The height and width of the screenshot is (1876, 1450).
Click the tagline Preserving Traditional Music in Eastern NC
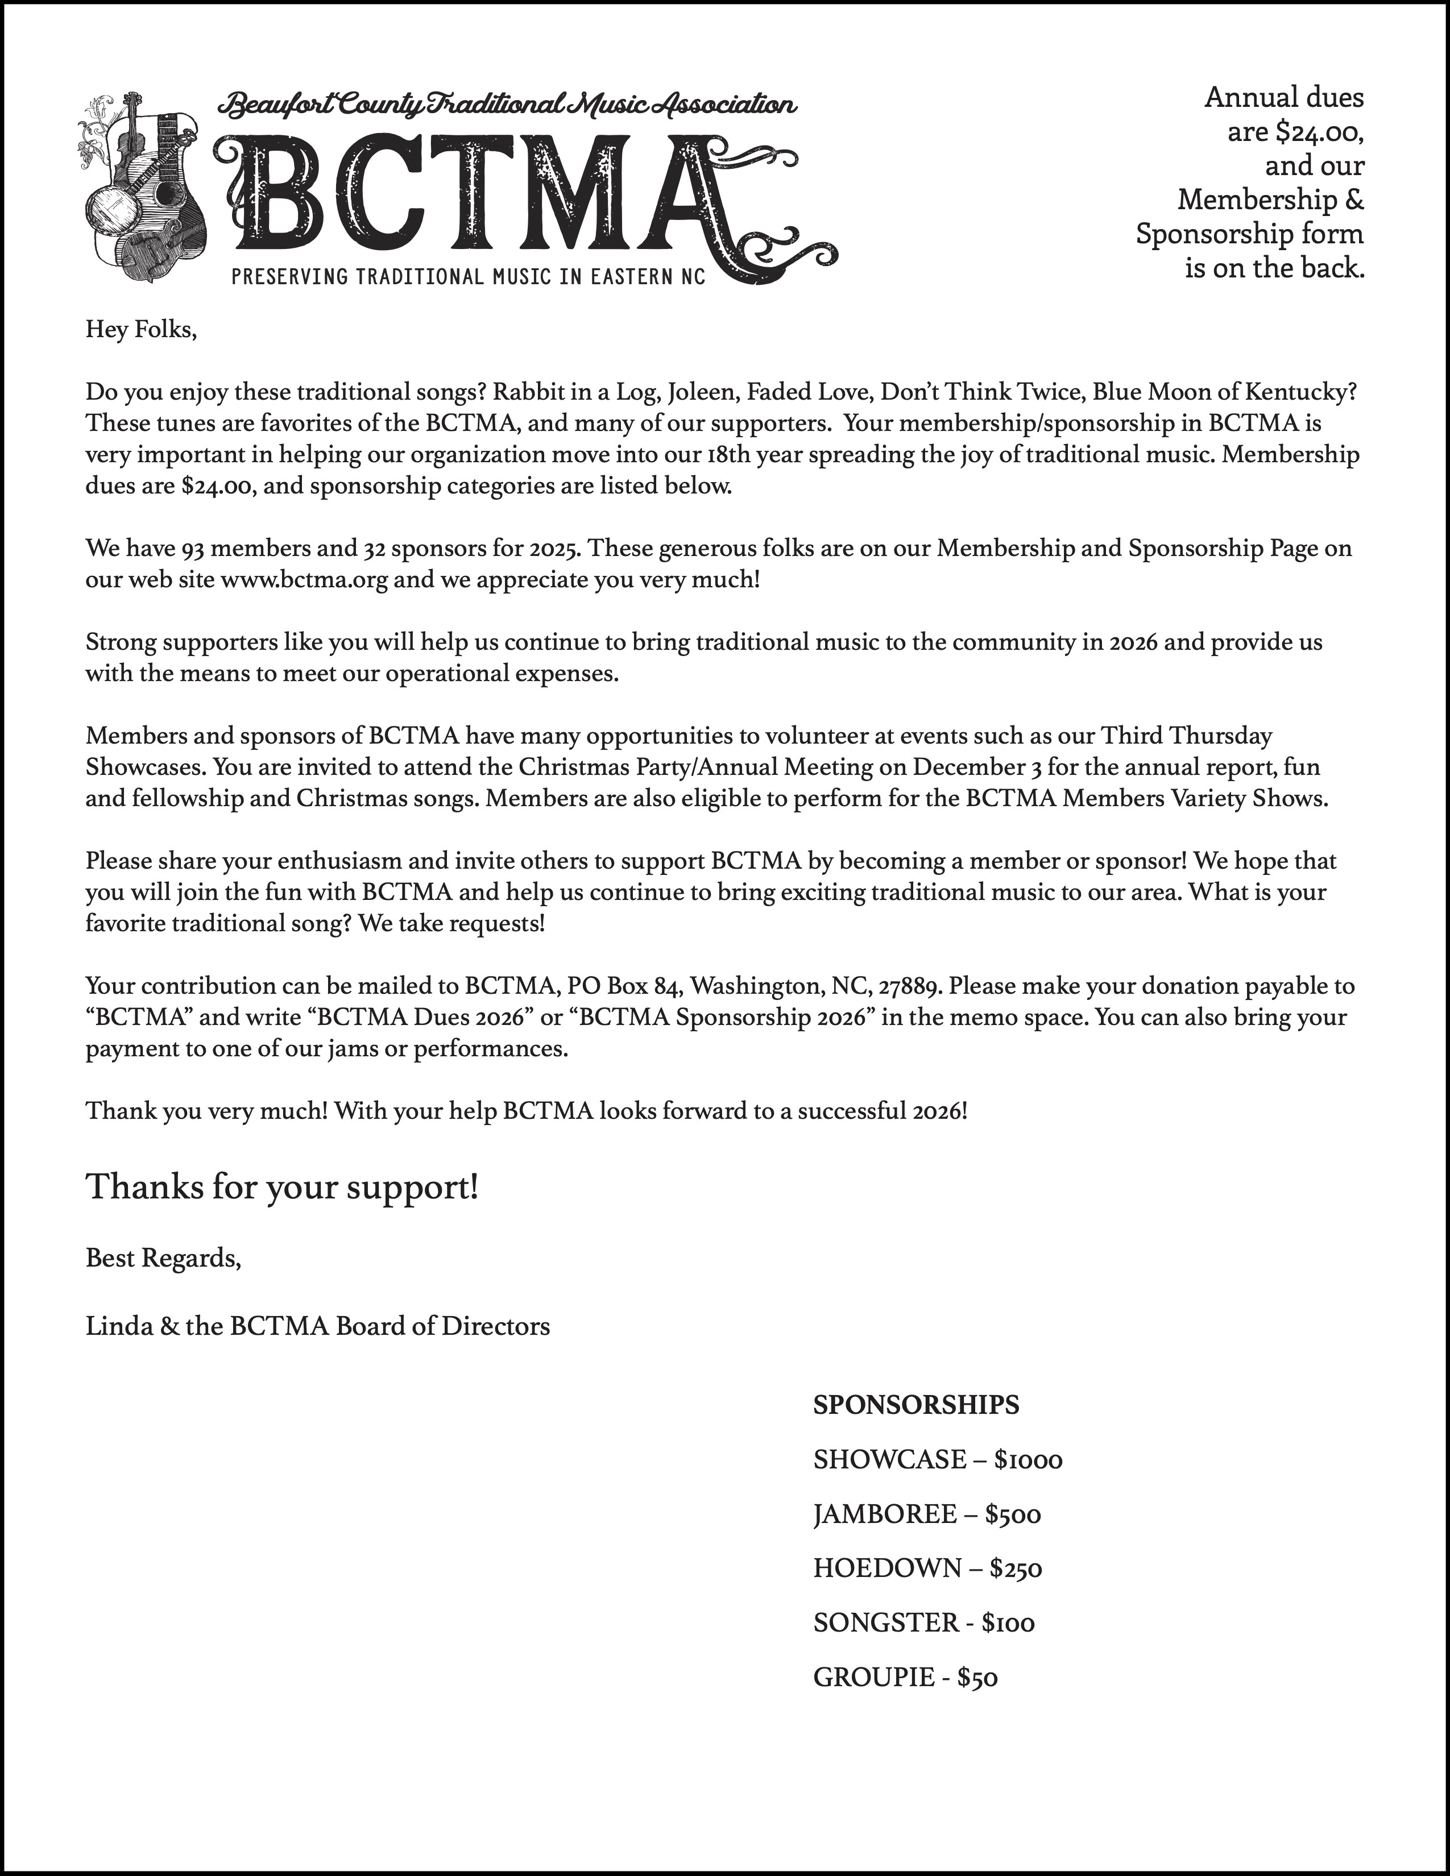click(x=468, y=277)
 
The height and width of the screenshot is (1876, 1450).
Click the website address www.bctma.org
click(x=305, y=580)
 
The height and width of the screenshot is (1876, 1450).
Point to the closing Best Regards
click(x=163, y=1259)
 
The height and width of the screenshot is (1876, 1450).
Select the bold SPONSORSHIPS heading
click(x=915, y=1405)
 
